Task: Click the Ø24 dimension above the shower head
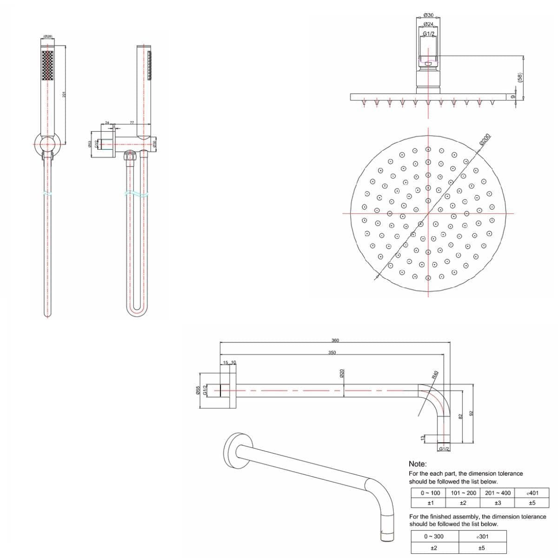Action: click(428, 24)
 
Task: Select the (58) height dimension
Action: click(520, 78)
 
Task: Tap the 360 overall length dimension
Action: click(335, 340)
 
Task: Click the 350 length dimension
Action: click(332, 353)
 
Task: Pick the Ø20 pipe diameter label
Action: click(342, 373)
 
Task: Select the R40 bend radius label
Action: click(436, 375)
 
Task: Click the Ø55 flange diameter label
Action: click(198, 391)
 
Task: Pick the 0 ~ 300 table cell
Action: click(433, 536)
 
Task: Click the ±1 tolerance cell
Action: click(430, 503)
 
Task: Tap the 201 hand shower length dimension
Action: click(64, 94)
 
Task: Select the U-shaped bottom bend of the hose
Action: click(137, 312)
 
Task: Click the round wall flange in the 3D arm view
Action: click(232, 450)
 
